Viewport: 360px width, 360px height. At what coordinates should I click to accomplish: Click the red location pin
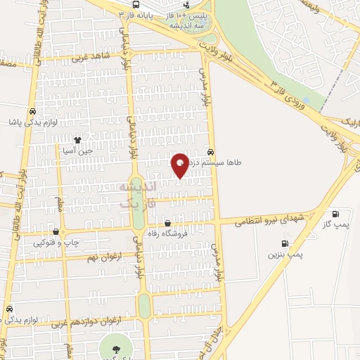point(180,165)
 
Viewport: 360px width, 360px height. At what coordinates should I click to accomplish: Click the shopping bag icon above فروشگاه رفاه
point(166,224)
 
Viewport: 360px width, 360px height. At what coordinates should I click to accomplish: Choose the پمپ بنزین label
point(285,255)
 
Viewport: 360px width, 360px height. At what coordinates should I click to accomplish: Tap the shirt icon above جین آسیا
point(88,140)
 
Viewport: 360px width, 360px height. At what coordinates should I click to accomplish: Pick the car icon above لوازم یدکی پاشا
point(33,111)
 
